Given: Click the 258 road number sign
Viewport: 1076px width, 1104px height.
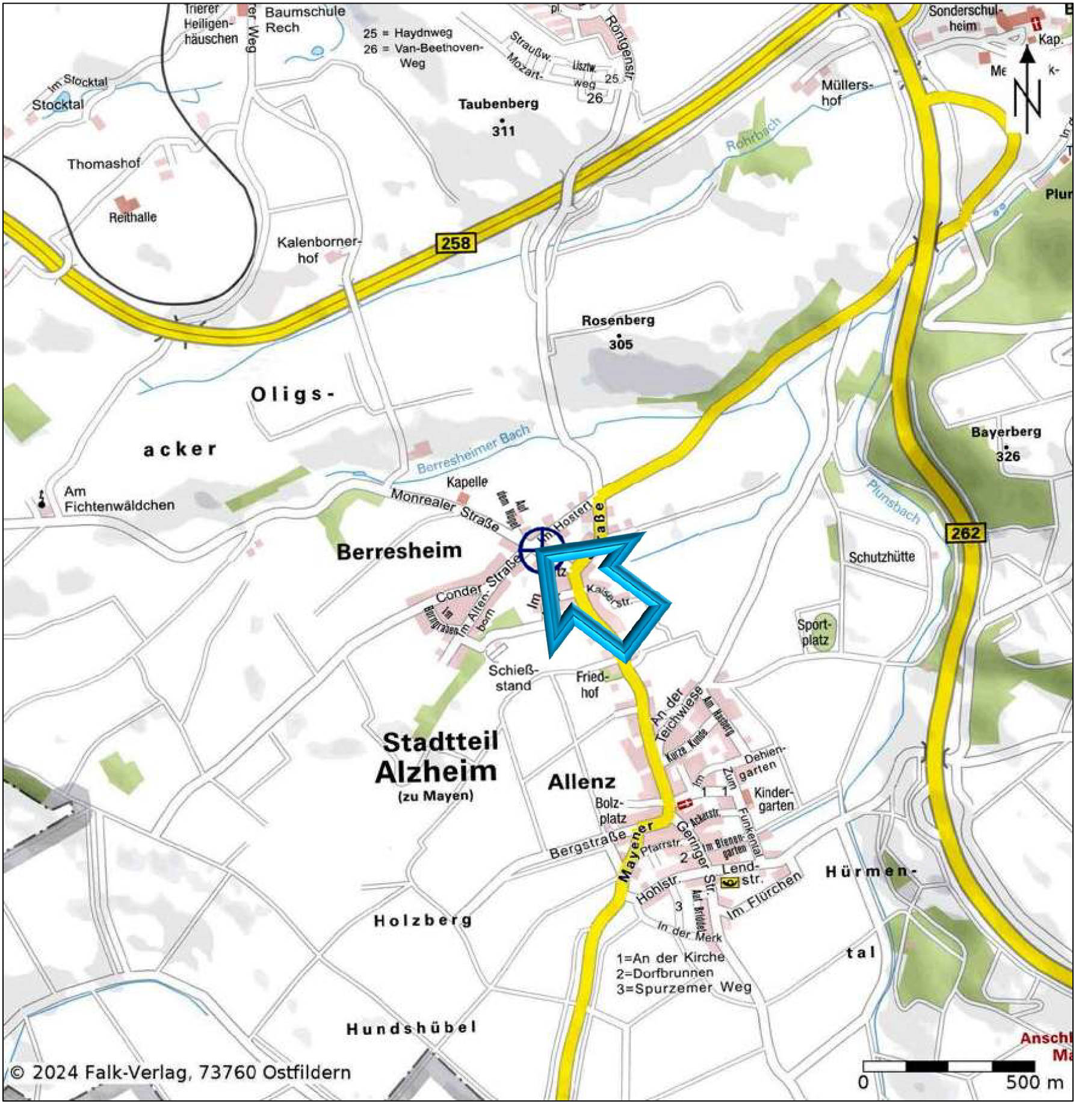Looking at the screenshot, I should [456, 243].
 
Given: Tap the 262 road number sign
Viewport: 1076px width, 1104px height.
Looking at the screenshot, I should [965, 533].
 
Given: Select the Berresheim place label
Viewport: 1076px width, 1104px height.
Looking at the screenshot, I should [399, 551].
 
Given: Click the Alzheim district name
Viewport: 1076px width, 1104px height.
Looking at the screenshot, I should [436, 772].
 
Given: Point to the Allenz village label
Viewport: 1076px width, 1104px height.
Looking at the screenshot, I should [582, 782].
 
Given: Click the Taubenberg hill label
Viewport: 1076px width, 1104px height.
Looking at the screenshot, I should [498, 104].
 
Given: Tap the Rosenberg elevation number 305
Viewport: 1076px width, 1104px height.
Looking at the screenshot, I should [620, 345].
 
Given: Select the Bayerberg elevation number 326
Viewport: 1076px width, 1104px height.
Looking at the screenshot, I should [1008, 456].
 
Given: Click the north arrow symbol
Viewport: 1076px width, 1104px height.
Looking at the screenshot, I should [1027, 90].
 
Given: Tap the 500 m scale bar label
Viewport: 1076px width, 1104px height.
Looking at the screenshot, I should [1034, 1083].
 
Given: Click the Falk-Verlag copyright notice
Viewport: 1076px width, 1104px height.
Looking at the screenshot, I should [181, 1072].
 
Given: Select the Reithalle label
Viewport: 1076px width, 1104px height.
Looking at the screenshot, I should [132, 217].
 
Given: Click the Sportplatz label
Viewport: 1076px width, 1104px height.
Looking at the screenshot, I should [814, 633].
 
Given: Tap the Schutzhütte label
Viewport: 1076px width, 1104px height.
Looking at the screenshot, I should [882, 557].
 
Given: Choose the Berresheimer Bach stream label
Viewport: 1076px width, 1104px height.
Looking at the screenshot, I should [474, 449].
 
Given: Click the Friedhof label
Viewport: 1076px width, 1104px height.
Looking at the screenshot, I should [592, 684].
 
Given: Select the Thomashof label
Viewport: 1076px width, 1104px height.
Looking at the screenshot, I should [104, 164].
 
